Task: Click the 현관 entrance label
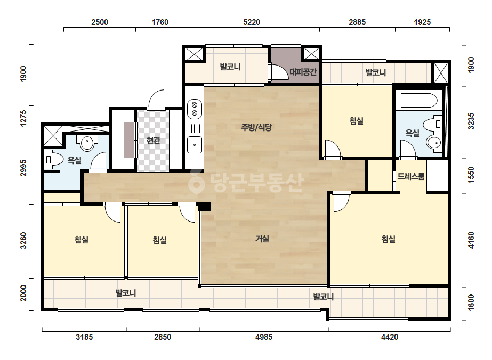tap(153, 141)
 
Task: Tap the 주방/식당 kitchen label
tap(256, 127)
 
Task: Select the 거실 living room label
tap(262, 239)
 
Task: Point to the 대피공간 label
tap(303, 72)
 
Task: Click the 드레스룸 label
tap(411, 176)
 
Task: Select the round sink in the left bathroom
tap(87, 143)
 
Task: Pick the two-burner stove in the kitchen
tap(195, 109)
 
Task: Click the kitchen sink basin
tap(195, 145)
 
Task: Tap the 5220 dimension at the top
tap(252, 22)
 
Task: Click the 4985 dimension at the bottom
tap(264, 337)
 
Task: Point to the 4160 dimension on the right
tap(471, 240)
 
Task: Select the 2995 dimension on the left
tap(23, 168)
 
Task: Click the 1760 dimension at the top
tap(160, 22)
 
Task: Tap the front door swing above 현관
tap(156, 100)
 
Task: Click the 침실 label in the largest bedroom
tap(389, 239)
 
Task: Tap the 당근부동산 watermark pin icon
tap(196, 182)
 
